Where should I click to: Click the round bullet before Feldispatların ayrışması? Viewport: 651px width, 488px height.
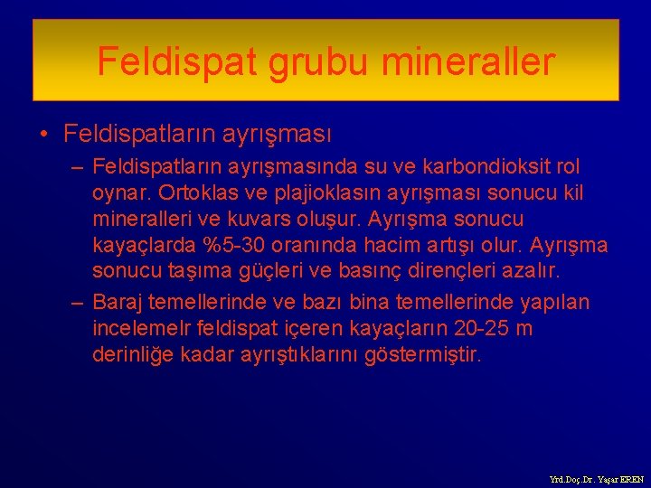43,136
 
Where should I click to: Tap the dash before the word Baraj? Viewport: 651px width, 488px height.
78,303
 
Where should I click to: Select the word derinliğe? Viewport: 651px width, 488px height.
131,355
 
